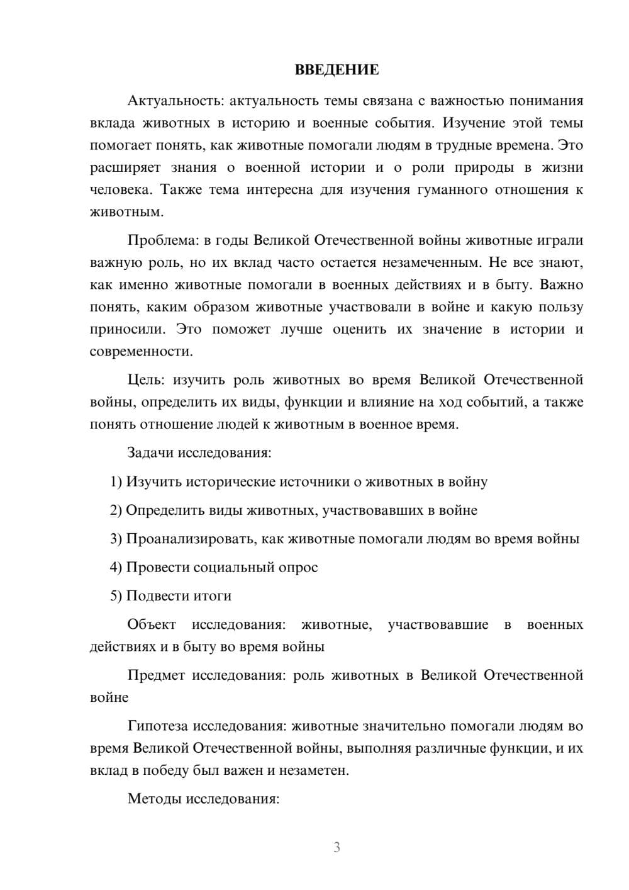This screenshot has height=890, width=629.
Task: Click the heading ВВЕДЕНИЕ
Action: [337, 70]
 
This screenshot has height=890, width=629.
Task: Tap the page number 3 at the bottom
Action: [337, 847]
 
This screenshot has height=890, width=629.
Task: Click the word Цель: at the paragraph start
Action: [146, 380]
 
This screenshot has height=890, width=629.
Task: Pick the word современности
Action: [141, 351]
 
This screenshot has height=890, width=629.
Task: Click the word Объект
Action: [152, 624]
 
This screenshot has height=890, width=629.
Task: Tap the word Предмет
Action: [156, 675]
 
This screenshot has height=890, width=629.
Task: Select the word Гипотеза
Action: [157, 726]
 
